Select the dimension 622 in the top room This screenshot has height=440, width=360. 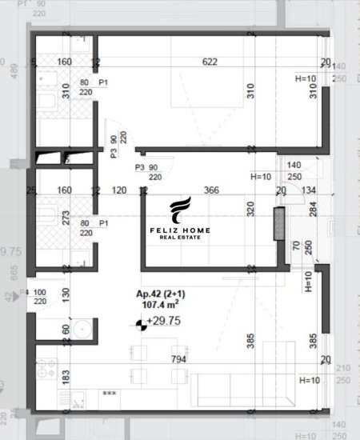210,62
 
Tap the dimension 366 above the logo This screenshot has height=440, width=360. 211,190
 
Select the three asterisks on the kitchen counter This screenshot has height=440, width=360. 109,394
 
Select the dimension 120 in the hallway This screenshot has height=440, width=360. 119,190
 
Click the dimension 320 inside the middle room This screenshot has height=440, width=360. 250,209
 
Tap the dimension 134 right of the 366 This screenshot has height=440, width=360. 310,190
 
